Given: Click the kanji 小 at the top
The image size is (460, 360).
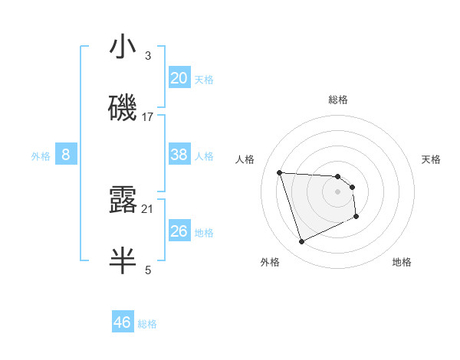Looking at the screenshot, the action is click(123, 47).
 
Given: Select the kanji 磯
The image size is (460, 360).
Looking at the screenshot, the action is click(123, 108).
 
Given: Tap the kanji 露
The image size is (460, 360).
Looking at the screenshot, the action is click(123, 200).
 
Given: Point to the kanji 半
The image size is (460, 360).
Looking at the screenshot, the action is click(123, 260).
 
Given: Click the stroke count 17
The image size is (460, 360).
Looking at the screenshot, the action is click(148, 117).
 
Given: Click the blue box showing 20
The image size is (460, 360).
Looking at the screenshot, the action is click(179, 78).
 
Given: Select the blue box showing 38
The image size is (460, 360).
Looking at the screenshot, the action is click(179, 155).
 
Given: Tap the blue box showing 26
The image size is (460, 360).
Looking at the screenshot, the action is click(179, 231).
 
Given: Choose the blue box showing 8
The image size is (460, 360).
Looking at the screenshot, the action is click(66, 155).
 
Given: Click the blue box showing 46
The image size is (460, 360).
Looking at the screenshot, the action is click(123, 322).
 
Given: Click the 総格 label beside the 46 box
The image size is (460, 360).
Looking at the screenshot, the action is click(147, 324).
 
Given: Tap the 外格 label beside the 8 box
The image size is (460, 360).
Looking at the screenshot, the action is click(41, 156).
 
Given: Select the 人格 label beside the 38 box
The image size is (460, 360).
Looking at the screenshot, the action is click(204, 156).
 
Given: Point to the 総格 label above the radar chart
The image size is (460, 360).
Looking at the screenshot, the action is click(338, 100).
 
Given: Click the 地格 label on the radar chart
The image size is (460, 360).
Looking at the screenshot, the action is click(402, 262).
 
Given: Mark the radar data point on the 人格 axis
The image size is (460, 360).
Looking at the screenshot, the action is click(280, 172).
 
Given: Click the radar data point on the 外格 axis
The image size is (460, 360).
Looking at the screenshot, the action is click(301, 242).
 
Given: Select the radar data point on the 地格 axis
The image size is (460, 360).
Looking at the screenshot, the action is click(356, 217).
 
